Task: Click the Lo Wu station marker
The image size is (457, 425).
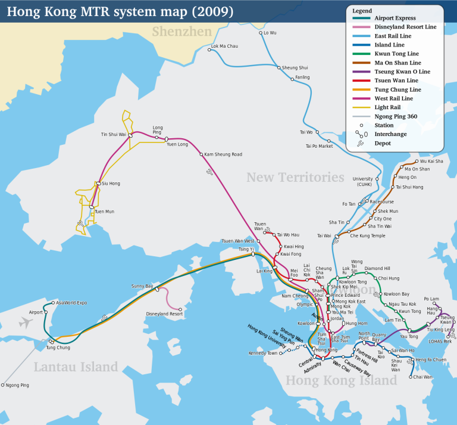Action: (x=261, y=33)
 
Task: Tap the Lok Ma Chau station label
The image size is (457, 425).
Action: (x=224, y=46)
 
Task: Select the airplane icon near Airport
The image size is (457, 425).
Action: (x=25, y=322)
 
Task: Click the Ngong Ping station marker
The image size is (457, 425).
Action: (x=3, y=385)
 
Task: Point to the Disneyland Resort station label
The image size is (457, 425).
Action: (x=164, y=314)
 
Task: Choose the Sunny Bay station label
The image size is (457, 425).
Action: (x=142, y=287)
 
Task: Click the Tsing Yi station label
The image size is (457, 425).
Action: (x=246, y=249)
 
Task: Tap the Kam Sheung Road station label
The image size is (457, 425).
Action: (x=223, y=154)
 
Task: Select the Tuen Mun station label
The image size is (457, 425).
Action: (x=105, y=212)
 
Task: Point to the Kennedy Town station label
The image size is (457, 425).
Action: (x=264, y=353)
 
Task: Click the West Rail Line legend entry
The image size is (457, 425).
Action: (x=394, y=98)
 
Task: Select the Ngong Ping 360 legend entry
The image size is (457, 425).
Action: (x=395, y=116)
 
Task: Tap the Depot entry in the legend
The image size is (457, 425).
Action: (x=382, y=144)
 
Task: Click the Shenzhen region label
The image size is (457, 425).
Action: (x=181, y=32)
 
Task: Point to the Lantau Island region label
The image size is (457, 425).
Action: (x=76, y=367)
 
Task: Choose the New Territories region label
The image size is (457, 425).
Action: (x=295, y=178)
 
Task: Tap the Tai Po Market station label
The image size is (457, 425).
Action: (x=319, y=146)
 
